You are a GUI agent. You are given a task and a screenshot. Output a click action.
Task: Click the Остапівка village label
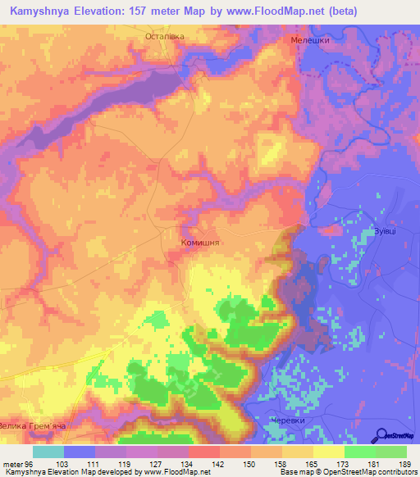tap(165, 37)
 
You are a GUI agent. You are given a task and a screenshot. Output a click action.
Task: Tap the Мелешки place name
tap(310, 39)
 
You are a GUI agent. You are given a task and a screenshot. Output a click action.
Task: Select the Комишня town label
tap(201, 243)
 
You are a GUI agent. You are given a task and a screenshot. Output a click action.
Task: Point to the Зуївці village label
tap(386, 232)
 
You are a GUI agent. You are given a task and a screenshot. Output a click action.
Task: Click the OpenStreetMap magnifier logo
tap(382, 434)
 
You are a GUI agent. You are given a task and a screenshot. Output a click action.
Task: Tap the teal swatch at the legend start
tap(48, 452)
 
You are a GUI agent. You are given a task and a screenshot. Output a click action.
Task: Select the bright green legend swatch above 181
tap(360, 452)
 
